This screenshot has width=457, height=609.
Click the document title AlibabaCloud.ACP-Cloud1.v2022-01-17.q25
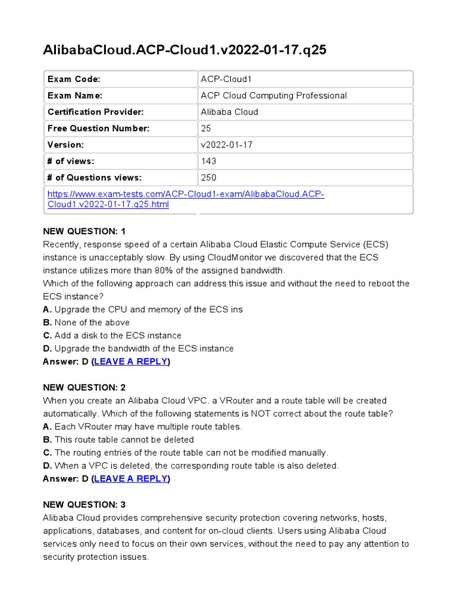click(x=184, y=51)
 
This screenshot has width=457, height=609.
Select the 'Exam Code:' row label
click(x=74, y=79)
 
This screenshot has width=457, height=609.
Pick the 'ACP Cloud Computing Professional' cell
click(x=274, y=96)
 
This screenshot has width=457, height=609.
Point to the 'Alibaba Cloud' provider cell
click(x=230, y=112)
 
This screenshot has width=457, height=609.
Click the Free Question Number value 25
click(x=206, y=128)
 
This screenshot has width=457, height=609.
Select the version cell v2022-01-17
click(x=227, y=145)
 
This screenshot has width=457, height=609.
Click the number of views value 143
click(x=209, y=161)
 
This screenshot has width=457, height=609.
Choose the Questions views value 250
click(x=209, y=177)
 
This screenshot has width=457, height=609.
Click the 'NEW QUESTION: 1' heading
click(x=84, y=231)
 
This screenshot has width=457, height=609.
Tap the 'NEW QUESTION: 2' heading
click(x=84, y=387)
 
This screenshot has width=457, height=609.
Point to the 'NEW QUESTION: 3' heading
click(x=84, y=504)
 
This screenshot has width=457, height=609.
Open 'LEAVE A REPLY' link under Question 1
click(x=131, y=362)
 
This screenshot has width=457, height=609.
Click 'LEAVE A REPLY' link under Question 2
click(x=131, y=479)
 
